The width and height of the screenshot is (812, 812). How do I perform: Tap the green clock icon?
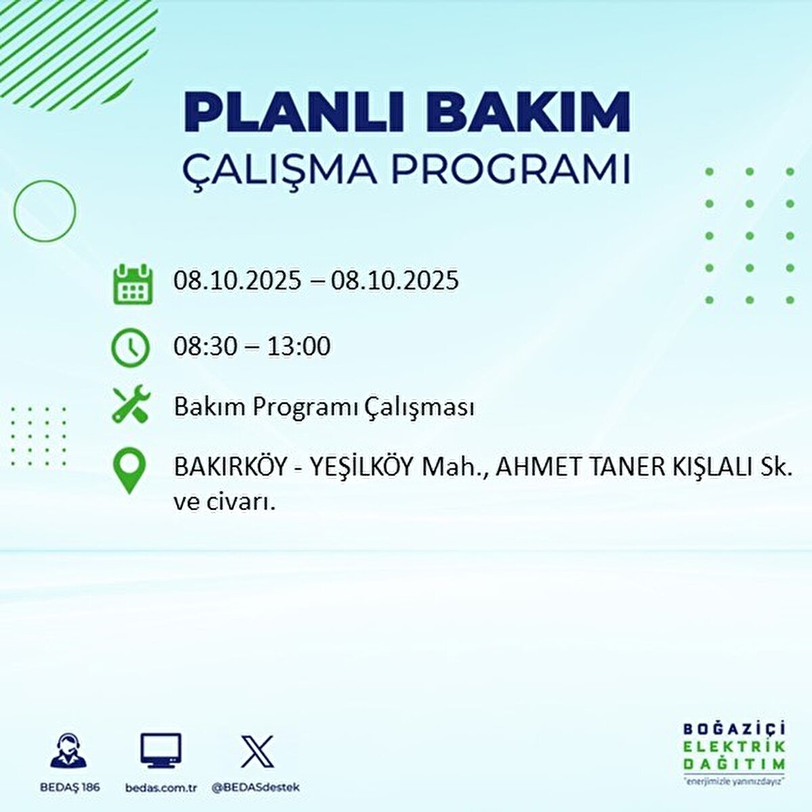(130, 348)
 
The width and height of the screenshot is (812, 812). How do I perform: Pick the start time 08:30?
(205, 346)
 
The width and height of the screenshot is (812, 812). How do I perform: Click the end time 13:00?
(298, 346)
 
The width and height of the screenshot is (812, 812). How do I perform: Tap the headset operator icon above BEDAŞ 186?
(68, 750)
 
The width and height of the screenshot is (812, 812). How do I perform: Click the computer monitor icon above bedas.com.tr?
(161, 750)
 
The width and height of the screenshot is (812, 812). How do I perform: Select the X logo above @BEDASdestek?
(257, 750)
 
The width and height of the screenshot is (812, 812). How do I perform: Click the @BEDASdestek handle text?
(256, 788)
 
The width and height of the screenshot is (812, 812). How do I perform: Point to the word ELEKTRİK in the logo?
(735, 746)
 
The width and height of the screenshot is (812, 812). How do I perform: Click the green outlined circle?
(45, 211)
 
